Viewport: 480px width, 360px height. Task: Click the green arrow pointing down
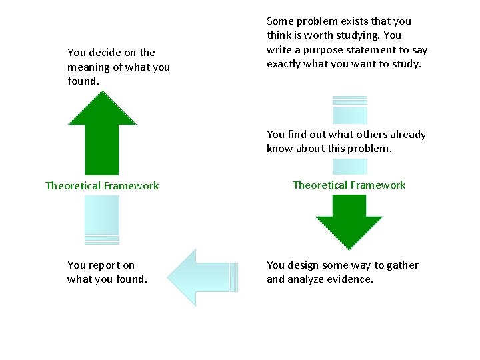pos(349,220)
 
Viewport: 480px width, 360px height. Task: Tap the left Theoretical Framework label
pos(102,185)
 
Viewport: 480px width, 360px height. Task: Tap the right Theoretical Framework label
pos(349,185)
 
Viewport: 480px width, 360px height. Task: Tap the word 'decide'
pos(106,52)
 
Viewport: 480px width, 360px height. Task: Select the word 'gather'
pos(401,265)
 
